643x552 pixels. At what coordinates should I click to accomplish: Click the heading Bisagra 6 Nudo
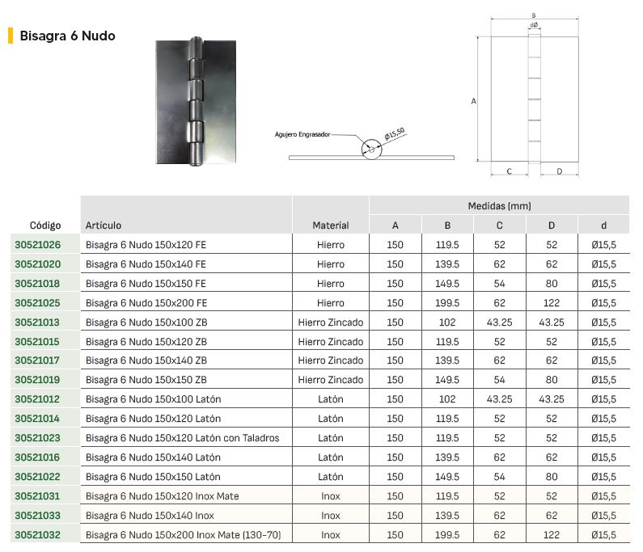[67, 36]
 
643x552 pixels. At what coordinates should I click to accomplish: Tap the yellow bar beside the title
[11, 36]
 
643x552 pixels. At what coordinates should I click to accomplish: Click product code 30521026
[38, 245]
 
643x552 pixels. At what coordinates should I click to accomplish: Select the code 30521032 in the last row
[38, 535]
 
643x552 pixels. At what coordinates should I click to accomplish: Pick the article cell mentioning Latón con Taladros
[183, 438]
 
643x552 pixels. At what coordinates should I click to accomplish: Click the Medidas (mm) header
[500, 206]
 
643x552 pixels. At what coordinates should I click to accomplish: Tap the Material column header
[331, 225]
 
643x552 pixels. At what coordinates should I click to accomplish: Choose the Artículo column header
[104, 225]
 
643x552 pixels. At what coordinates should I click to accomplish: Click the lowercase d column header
[603, 225]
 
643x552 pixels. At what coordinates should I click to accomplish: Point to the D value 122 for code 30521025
[552, 303]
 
